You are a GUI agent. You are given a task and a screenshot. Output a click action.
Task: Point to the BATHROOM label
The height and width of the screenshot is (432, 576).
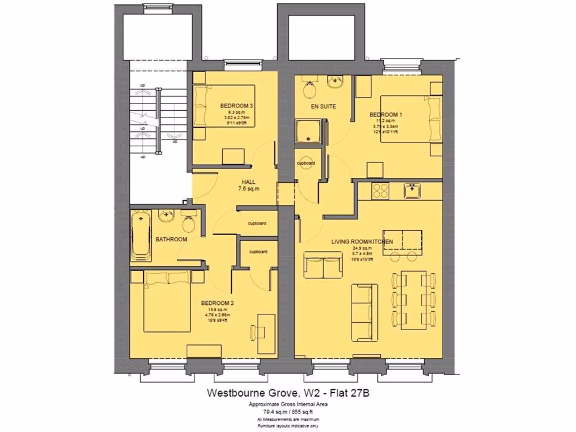tap(171, 239)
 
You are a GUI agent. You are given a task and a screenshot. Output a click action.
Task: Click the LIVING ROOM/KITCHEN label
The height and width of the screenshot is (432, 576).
tap(361, 242)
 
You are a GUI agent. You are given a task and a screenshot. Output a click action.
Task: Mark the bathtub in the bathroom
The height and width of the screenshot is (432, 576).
tap(141, 236)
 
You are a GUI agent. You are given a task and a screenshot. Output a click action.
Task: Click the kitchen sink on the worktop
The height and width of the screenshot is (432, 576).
tap(414, 191)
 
